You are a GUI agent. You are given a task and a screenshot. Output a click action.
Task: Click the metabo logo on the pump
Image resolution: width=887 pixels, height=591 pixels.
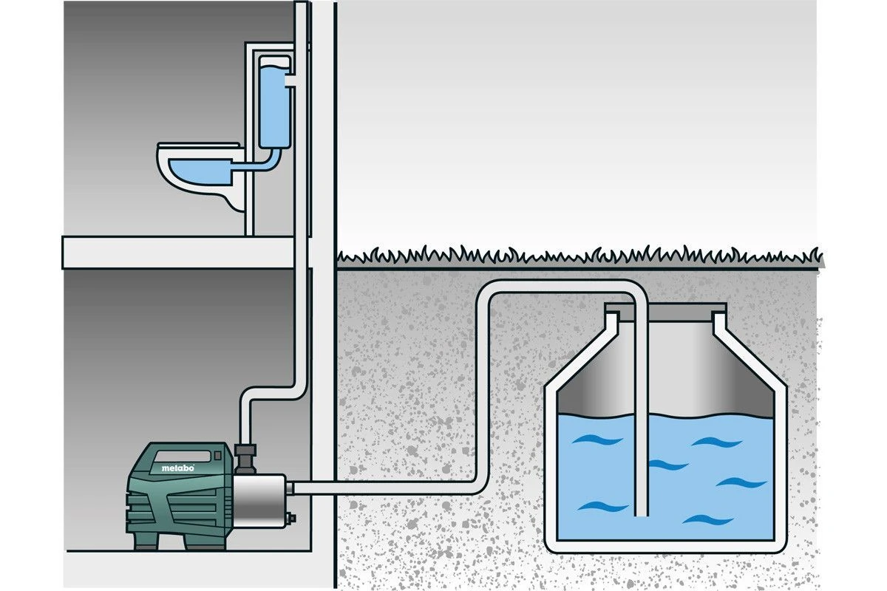(178, 468)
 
